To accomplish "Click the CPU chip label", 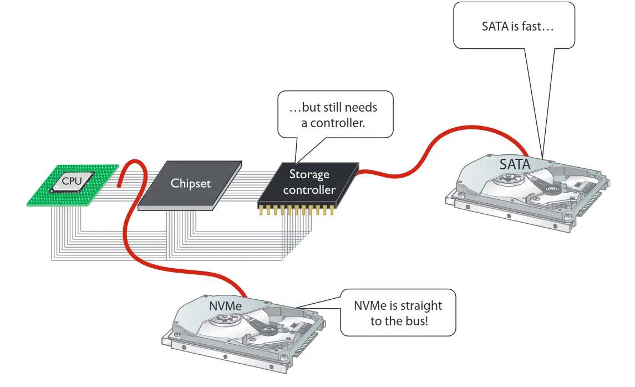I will point(72,181).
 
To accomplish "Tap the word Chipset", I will point(190,183).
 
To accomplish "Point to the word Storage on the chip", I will point(309,174).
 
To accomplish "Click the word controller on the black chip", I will point(309,190).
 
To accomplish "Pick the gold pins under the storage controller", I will point(296,210).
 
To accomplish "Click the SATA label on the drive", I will point(515,164).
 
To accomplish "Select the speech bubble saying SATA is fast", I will point(514,26).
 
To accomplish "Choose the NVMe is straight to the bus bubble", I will point(398,313).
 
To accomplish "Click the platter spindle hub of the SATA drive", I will point(506,179).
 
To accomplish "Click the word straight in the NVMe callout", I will point(421,305).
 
